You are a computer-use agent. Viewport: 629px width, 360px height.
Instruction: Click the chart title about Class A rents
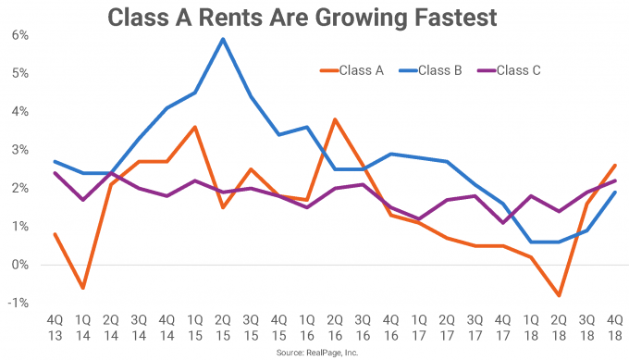315,18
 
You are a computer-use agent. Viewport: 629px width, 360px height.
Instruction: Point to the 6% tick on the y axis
19,35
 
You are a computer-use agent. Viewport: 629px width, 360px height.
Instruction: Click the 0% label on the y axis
19,265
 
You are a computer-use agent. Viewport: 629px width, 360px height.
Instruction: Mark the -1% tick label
18,304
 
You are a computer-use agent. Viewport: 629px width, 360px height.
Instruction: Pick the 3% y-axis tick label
19,150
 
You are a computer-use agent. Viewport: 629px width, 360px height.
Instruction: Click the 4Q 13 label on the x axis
55,328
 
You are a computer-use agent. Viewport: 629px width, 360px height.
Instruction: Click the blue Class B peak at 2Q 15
222,39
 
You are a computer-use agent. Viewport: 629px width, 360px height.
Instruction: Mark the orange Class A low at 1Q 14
83,288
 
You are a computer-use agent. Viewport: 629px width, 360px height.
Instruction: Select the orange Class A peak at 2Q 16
333,119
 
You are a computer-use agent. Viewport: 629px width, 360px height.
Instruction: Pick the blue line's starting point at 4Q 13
55,162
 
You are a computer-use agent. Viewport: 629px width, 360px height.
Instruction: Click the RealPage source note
315,354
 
